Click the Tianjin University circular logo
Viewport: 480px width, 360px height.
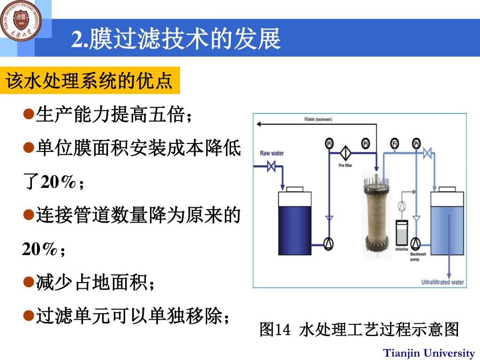pos(21,20)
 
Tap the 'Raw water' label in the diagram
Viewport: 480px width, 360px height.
pos(272,153)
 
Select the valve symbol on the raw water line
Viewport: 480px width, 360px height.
pos(271,166)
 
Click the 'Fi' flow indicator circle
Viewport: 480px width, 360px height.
pos(395,144)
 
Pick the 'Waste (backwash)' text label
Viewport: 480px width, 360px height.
pos(318,120)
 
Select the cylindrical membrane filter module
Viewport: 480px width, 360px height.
pos(376,215)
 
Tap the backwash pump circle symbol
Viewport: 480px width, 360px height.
pos(415,243)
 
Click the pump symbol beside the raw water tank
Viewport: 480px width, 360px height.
pos(330,242)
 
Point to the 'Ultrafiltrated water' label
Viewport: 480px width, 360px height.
pos(442,282)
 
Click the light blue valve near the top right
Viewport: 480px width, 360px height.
pos(427,153)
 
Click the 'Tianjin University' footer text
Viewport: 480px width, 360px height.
pos(429,353)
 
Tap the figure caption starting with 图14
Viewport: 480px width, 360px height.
pos(359,330)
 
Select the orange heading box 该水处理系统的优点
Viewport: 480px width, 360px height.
pos(90,82)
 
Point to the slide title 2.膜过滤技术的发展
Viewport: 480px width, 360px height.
pos(176,38)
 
